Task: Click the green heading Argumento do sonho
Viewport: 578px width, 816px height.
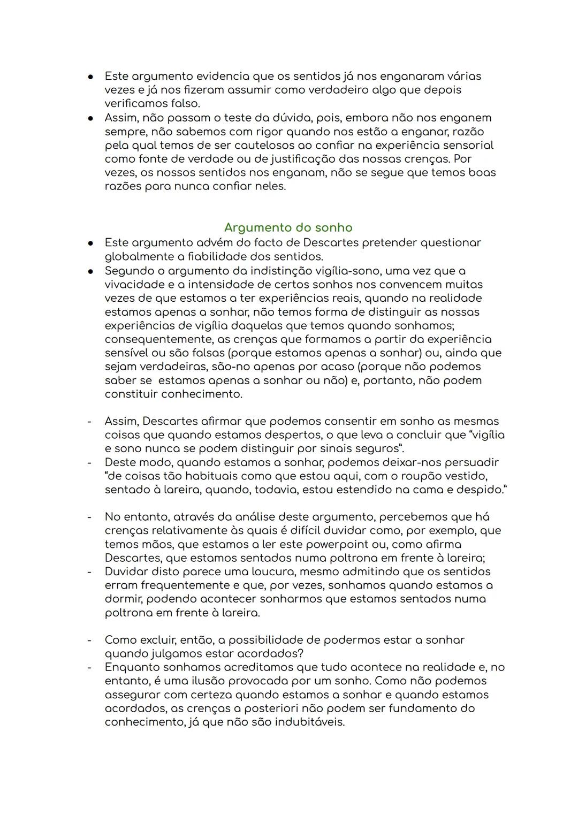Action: (x=288, y=228)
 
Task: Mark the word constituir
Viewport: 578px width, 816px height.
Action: (x=132, y=394)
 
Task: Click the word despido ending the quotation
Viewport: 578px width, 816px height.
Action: (x=480, y=490)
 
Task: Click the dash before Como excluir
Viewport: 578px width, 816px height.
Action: (x=89, y=640)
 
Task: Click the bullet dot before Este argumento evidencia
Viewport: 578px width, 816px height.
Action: (x=91, y=77)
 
